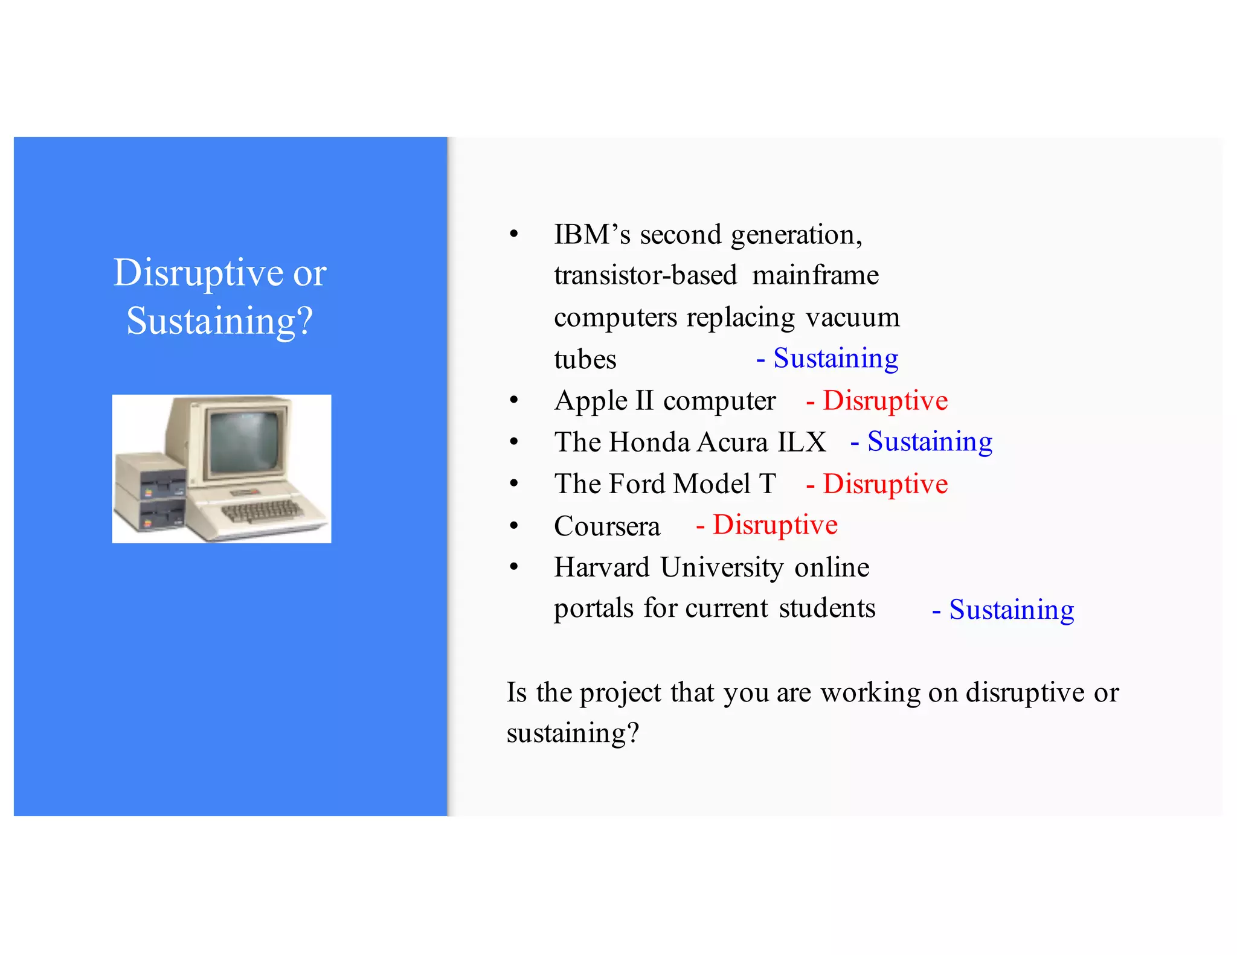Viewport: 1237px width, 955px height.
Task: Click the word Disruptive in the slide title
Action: (x=198, y=273)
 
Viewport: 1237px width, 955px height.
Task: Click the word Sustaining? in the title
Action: (x=220, y=321)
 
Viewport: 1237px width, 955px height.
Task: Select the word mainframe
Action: (x=815, y=275)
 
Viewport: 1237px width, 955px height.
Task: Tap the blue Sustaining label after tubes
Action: (x=835, y=358)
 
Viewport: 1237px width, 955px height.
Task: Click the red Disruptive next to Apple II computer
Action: (x=885, y=401)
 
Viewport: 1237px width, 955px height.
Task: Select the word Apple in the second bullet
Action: (x=591, y=401)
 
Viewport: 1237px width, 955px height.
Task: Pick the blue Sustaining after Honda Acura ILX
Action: (x=930, y=442)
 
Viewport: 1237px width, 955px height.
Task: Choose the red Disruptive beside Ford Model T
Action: (x=885, y=484)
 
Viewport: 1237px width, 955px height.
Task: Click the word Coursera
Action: (x=607, y=526)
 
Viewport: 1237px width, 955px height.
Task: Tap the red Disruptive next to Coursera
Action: (x=775, y=525)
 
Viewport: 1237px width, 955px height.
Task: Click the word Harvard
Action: (x=602, y=567)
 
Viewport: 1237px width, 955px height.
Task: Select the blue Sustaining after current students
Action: (x=1011, y=610)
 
